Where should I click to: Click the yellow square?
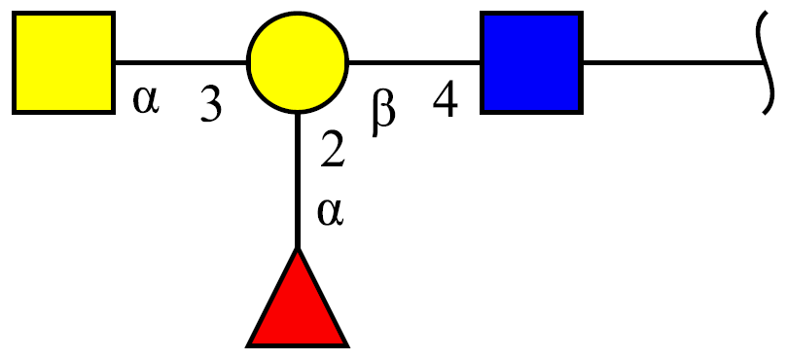(64, 63)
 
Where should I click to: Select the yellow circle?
(298, 62)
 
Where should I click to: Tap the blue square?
(531, 63)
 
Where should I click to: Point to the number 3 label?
(211, 104)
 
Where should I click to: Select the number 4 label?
(446, 99)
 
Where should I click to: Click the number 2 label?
(333, 149)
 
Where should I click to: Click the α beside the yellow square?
(146, 100)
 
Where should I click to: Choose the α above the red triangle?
(330, 212)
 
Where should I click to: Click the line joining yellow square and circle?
(181, 63)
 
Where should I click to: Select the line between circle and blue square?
(414, 63)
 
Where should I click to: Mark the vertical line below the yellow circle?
(298, 181)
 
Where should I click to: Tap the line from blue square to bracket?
(672, 63)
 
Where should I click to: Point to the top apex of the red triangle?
(298, 248)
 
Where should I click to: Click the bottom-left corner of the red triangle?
(247, 346)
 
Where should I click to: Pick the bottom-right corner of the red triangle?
(348, 346)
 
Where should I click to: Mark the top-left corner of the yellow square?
(14, 13)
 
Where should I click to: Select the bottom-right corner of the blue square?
(582, 113)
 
